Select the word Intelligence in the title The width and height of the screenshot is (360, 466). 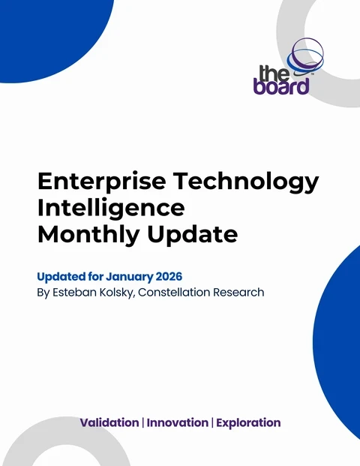click(110, 207)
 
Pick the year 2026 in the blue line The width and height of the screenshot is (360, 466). click(167, 277)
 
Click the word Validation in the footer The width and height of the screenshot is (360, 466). click(109, 423)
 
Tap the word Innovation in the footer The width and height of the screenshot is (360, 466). click(177, 423)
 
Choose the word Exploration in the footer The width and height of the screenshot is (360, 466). click(247, 423)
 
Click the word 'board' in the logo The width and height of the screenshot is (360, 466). click(284, 86)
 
